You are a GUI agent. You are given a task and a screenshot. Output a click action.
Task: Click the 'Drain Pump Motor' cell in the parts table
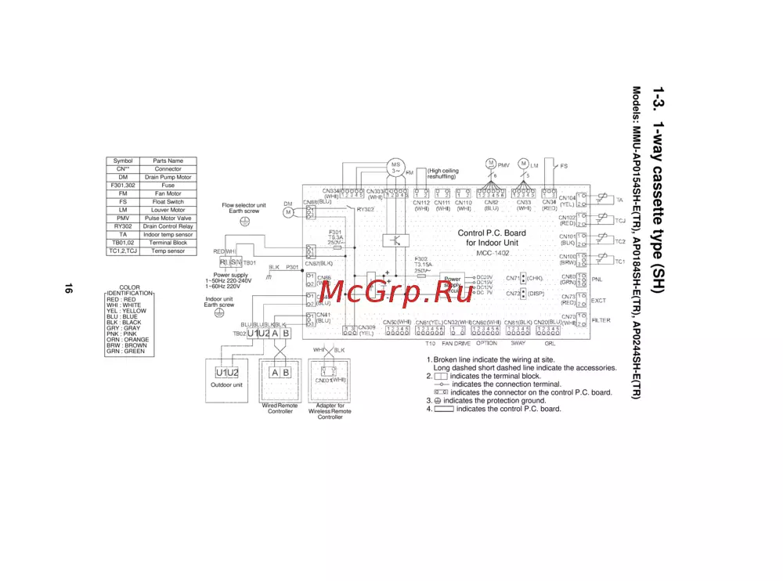(x=168, y=177)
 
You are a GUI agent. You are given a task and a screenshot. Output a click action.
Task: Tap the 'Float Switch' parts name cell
(x=168, y=202)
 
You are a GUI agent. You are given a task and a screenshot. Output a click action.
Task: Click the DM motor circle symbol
(x=288, y=211)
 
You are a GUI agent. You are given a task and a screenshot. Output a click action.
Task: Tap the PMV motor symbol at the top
(x=491, y=164)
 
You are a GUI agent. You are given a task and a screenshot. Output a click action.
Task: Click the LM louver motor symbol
(x=524, y=164)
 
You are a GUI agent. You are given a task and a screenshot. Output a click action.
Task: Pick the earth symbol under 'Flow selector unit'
(x=244, y=222)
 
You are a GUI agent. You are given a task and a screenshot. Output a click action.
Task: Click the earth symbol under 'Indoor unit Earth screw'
(x=220, y=312)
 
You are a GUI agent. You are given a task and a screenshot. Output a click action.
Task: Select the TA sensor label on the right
(x=619, y=200)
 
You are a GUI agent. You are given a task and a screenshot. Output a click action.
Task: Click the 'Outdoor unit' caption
(x=227, y=385)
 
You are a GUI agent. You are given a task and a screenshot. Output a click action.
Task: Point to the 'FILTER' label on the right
(x=601, y=320)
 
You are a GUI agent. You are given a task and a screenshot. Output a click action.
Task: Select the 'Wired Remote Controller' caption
(x=280, y=408)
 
